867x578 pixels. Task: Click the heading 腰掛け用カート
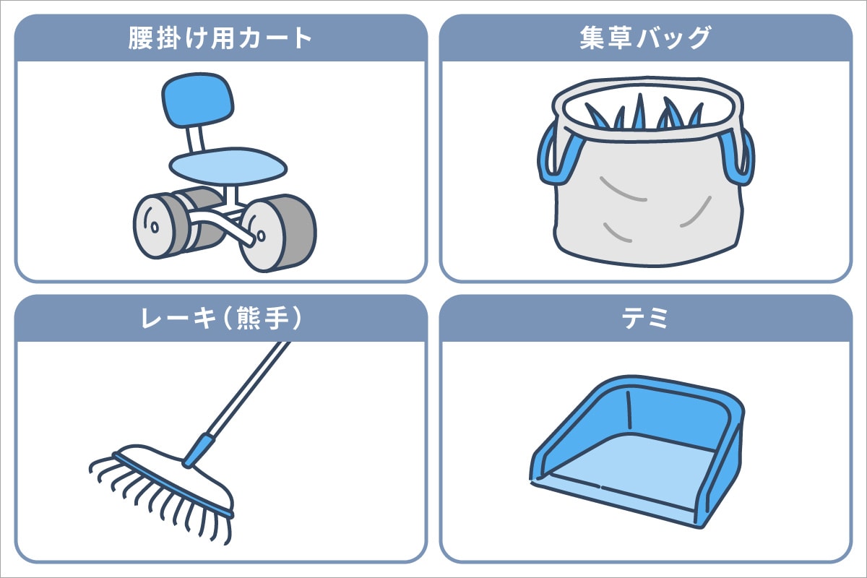pyautogui.click(x=220, y=38)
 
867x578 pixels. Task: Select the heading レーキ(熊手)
pyautogui.click(x=220, y=319)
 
